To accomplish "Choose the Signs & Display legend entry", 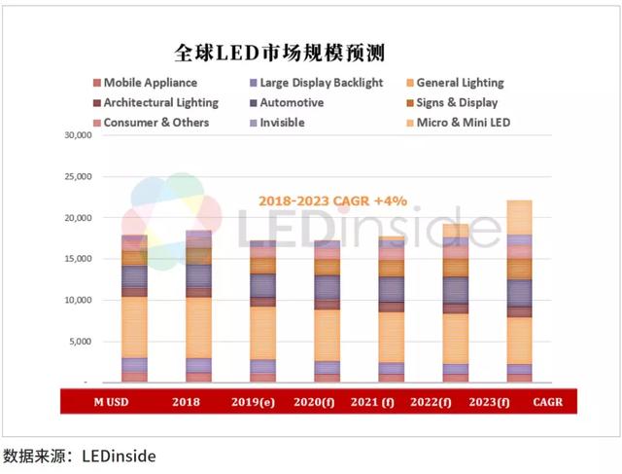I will [457, 102].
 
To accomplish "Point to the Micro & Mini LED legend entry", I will [463, 123].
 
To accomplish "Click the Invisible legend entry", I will [282, 123].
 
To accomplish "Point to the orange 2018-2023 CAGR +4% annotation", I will [332, 201].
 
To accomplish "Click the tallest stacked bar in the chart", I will [519, 292].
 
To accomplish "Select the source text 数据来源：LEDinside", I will [80, 455].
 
